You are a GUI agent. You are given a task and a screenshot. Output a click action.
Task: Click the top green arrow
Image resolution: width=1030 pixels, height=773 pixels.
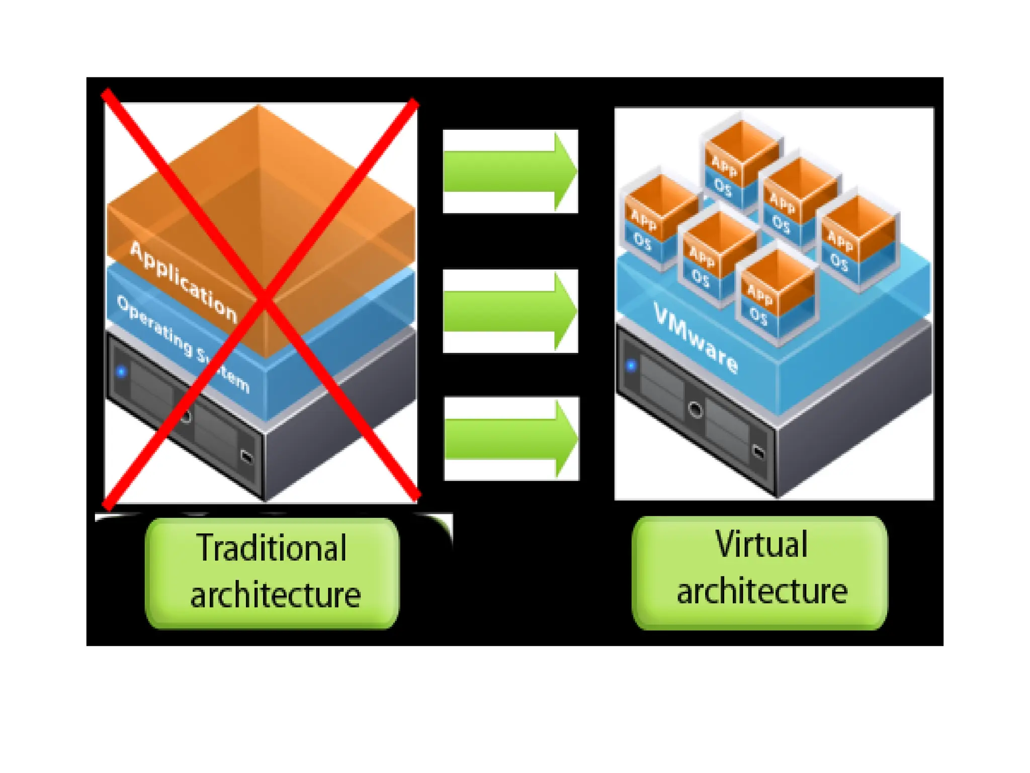pos(508,171)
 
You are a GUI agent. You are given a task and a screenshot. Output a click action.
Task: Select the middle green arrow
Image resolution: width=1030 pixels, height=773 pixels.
pos(508,311)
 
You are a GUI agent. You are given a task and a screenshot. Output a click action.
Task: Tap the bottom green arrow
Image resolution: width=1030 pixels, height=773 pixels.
pos(509,439)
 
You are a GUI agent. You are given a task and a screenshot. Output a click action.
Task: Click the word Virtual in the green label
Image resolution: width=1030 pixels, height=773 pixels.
pos(761,545)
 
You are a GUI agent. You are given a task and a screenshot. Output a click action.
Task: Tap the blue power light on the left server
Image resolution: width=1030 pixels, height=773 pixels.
pos(121,372)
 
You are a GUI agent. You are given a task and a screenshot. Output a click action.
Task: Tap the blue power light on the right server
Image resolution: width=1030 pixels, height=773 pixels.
pos(631,365)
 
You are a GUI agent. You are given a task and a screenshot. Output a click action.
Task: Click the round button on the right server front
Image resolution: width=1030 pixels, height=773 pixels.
pos(695,410)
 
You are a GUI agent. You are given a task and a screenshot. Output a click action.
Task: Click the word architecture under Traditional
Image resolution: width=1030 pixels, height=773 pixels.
pos(276,595)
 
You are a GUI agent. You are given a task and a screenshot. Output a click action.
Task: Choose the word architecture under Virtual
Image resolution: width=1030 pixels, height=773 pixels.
pos(761,591)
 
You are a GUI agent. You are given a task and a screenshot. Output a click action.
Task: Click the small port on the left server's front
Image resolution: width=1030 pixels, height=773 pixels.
pos(246,456)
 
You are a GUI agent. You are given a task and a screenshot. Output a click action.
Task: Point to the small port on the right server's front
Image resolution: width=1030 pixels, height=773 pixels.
pos(758,451)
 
